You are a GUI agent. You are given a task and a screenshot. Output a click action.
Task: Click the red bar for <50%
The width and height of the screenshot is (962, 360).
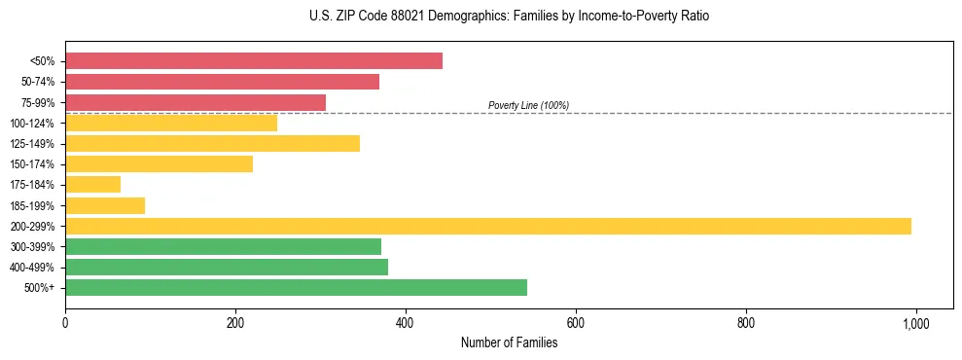click(253, 61)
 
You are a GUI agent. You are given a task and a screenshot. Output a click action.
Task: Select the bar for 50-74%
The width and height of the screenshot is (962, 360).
click(222, 82)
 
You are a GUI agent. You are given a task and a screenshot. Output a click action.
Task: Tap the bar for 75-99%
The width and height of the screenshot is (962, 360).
click(195, 102)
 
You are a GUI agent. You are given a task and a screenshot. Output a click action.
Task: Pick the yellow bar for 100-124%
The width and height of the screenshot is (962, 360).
click(170, 123)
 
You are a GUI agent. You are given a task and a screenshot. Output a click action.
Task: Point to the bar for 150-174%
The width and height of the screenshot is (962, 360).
click(159, 163)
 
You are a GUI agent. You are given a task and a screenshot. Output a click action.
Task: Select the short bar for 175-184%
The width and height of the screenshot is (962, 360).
click(92, 184)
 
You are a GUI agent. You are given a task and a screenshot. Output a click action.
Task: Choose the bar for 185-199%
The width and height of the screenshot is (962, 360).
click(105, 205)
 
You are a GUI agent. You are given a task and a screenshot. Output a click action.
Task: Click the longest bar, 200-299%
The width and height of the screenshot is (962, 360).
click(487, 226)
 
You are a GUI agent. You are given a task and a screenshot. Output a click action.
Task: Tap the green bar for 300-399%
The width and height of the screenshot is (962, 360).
click(223, 246)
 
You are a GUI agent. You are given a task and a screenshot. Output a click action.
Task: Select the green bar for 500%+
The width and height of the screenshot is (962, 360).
click(296, 287)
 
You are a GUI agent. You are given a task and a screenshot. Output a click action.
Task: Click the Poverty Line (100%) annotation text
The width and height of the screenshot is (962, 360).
click(528, 105)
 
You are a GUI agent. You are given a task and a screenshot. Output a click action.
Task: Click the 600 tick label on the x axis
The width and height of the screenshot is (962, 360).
click(576, 324)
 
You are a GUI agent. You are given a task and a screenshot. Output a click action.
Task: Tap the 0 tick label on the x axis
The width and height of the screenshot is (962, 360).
click(65, 324)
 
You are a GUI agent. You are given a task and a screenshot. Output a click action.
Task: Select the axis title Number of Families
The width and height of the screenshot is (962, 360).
click(509, 342)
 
